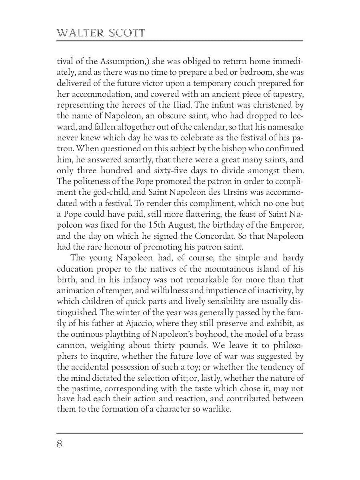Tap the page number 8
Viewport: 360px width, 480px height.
(60, 444)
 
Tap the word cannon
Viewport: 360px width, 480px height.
(71, 344)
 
